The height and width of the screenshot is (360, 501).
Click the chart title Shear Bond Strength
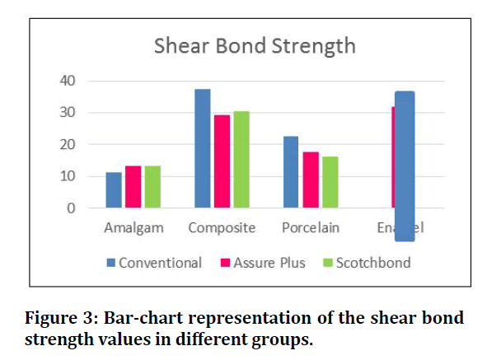click(255, 45)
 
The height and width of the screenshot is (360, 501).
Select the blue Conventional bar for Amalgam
click(114, 190)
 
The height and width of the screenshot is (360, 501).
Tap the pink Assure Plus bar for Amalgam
click(133, 187)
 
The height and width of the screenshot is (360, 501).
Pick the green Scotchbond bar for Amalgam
click(152, 187)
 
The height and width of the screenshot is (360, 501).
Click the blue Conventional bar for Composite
click(203, 148)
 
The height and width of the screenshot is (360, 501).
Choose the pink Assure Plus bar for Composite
click(222, 161)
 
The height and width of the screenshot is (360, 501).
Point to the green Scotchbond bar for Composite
click(241, 160)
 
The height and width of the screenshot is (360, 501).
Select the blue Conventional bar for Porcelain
click(291, 172)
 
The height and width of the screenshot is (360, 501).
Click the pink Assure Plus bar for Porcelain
click(310, 180)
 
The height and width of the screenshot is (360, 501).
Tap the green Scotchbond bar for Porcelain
click(330, 182)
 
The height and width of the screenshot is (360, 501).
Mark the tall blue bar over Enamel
click(405, 165)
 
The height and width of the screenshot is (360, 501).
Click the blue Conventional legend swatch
click(111, 264)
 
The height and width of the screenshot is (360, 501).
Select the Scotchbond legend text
click(372, 264)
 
